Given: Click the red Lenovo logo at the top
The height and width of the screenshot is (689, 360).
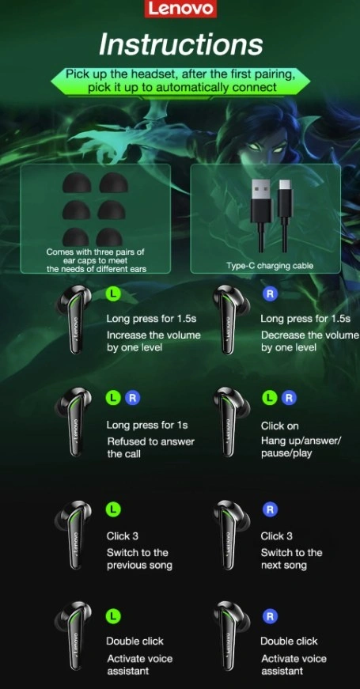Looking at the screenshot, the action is [x=180, y=9].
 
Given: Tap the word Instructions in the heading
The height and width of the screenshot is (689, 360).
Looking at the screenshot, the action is [x=180, y=44].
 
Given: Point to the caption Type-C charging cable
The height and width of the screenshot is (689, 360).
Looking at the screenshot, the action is [x=270, y=266].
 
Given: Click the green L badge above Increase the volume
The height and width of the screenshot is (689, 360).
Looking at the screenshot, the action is [x=113, y=293].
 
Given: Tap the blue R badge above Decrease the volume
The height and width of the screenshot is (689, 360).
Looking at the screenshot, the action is [x=270, y=294].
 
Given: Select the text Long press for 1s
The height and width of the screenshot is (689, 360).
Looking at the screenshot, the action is [x=147, y=426].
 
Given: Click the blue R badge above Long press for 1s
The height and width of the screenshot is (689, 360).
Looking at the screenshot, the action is [x=132, y=399].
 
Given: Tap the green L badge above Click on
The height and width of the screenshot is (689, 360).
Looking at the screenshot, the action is [x=270, y=398].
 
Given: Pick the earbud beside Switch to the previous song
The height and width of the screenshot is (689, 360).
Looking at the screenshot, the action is [x=73, y=534].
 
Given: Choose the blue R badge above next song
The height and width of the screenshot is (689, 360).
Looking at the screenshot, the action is [x=270, y=509].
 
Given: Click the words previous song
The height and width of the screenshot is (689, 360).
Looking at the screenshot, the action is [x=139, y=565].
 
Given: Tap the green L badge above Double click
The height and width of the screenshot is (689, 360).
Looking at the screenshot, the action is [x=113, y=616].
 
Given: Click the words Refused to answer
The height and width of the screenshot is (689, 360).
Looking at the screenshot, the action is [x=151, y=441].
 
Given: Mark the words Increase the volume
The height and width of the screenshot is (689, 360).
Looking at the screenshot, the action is [x=153, y=335].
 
